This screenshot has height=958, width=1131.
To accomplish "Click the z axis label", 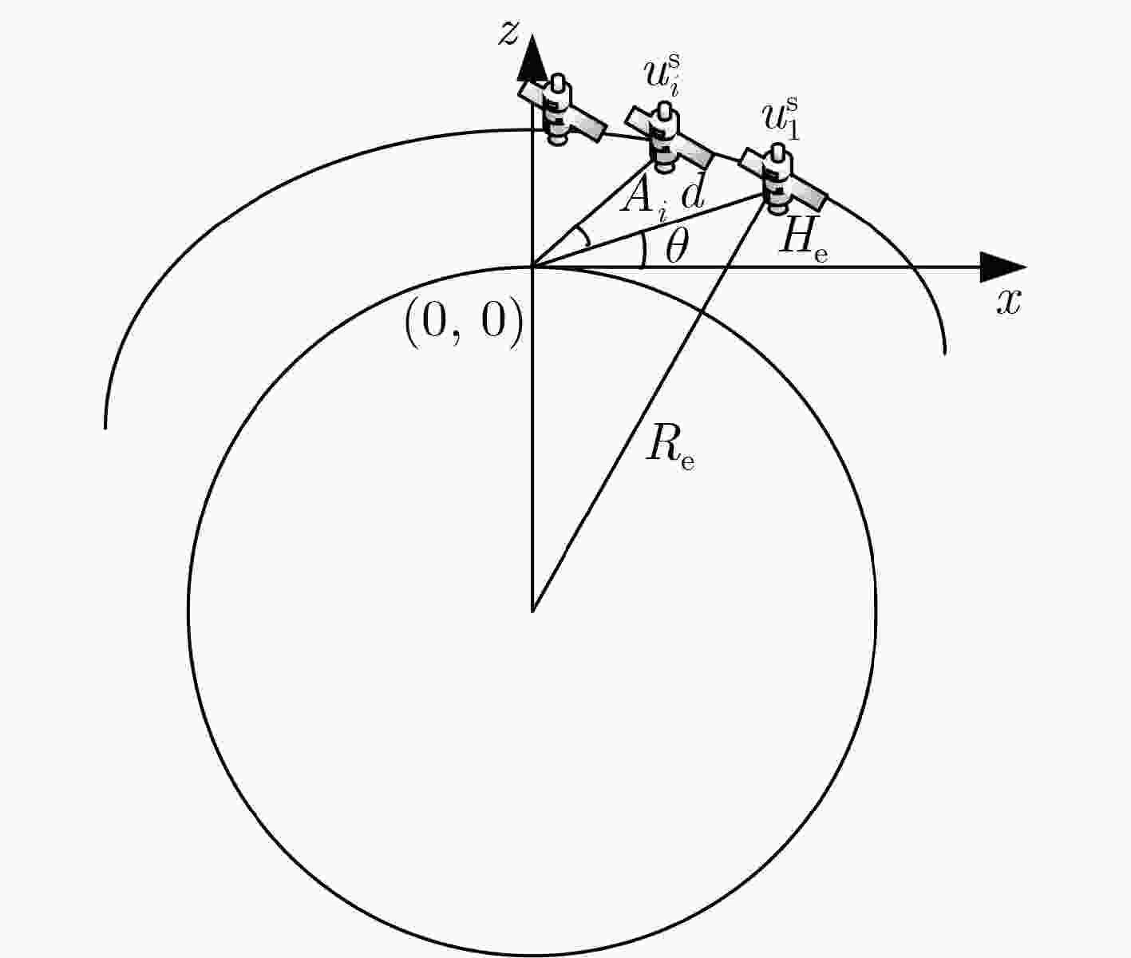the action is tap(508, 34).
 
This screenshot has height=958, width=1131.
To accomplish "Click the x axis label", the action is tap(1008, 302).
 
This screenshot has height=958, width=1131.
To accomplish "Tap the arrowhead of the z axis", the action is tap(532, 57).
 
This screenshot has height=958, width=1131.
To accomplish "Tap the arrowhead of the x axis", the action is tap(1002, 267).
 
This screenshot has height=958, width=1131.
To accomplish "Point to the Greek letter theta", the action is tap(676, 246).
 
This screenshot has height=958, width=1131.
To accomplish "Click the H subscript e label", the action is tap(803, 243).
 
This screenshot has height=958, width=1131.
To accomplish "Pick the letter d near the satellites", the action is tap(693, 192).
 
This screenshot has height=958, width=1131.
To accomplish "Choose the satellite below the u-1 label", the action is tap(783, 179).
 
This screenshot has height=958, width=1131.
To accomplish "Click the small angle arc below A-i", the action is tap(584, 236).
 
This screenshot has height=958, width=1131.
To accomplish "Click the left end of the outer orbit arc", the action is tap(105, 428).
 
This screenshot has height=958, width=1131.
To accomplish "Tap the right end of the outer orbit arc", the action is tap(945, 354).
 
